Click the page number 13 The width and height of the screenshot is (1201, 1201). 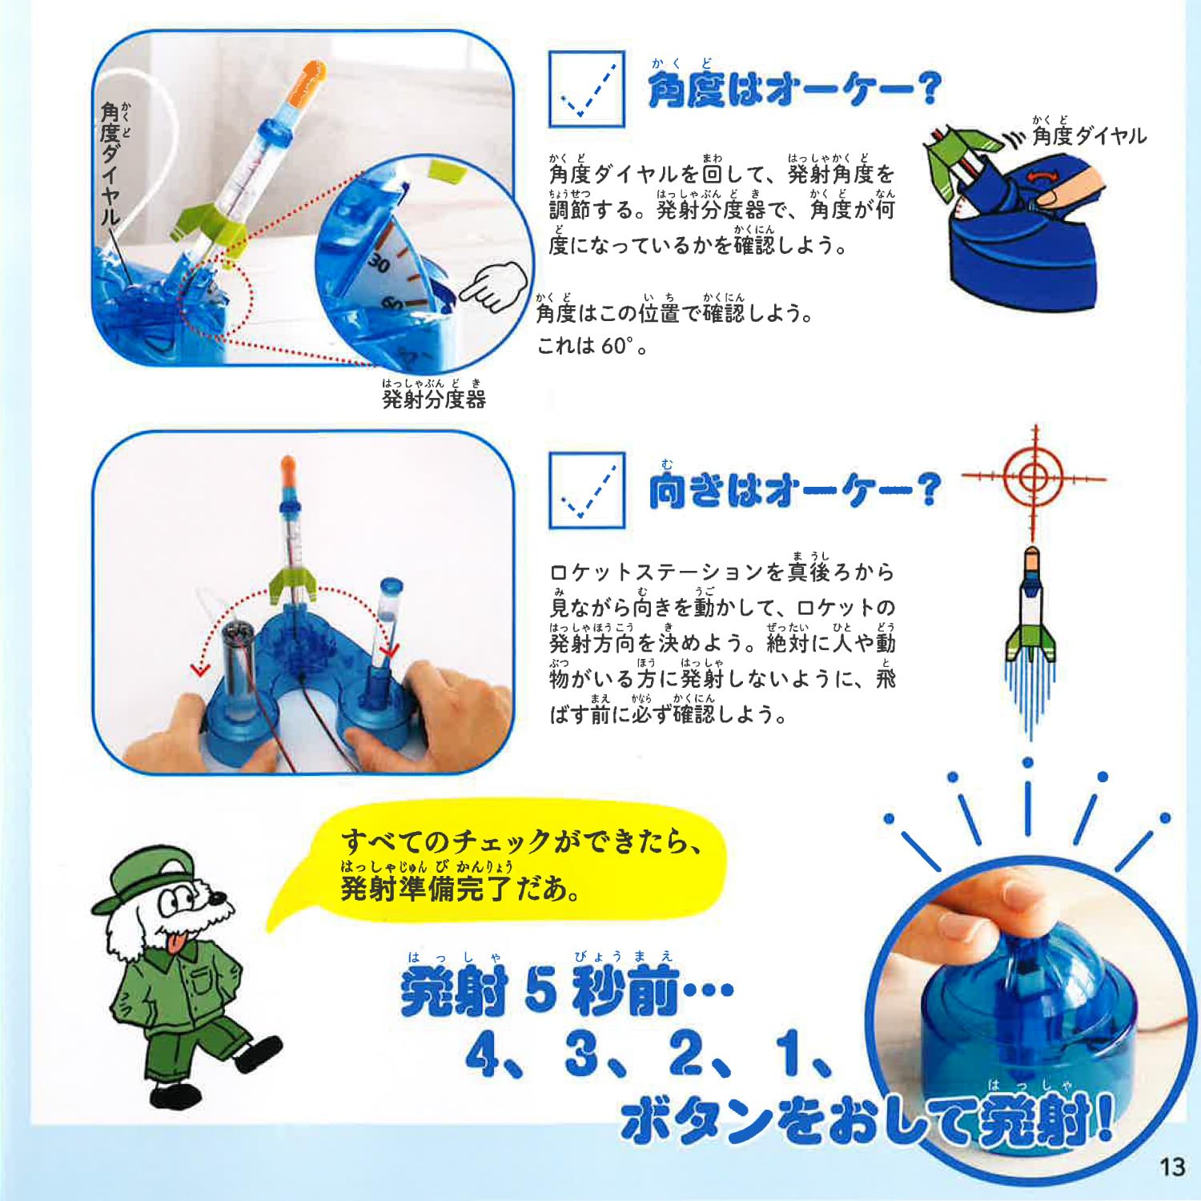1171,1167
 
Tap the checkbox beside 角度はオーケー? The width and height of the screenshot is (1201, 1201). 586,89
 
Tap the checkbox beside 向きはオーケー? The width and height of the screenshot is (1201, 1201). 586,490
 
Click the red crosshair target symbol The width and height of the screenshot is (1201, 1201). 1034,478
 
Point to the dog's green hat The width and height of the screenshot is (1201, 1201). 148,876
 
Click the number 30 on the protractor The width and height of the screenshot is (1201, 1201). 379,263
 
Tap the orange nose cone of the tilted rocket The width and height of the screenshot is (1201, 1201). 309,82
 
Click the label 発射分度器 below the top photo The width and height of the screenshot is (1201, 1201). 433,399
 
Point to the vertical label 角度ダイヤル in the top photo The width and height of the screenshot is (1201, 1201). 110,164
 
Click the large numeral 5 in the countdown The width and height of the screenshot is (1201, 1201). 541,990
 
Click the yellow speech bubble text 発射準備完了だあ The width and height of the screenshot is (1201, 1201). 460,888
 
